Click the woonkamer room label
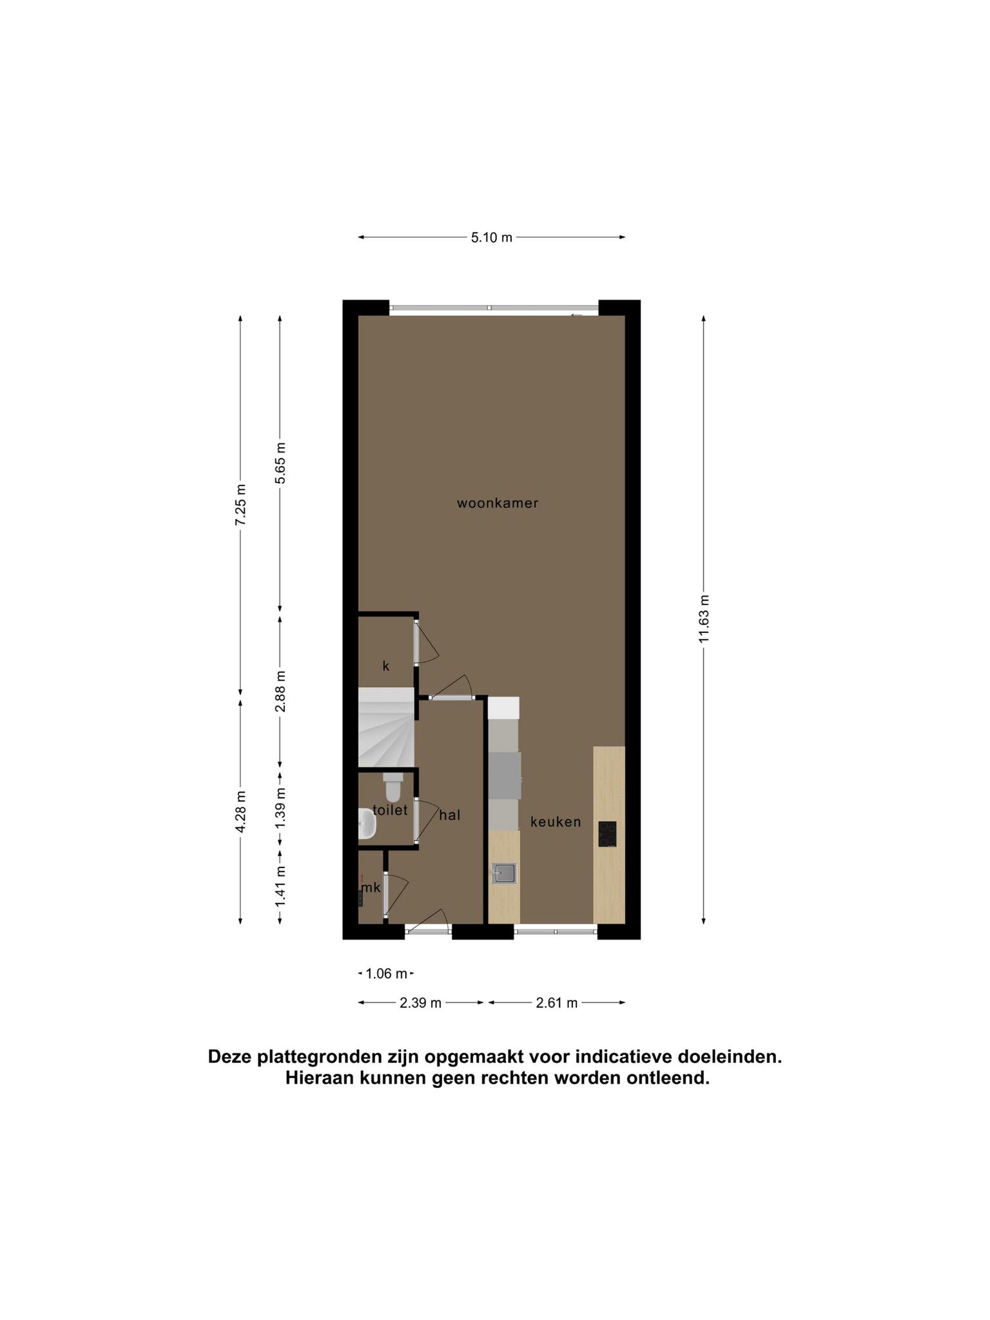497,503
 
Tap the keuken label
556,822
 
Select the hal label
450,815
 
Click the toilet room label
391,810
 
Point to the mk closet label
371,888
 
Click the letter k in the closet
386,666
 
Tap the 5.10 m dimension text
492,237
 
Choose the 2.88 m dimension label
280,691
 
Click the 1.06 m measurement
387,973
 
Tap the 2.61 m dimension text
557,1003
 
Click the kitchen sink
504,873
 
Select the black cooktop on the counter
607,834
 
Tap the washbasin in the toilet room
367,824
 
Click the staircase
386,727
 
